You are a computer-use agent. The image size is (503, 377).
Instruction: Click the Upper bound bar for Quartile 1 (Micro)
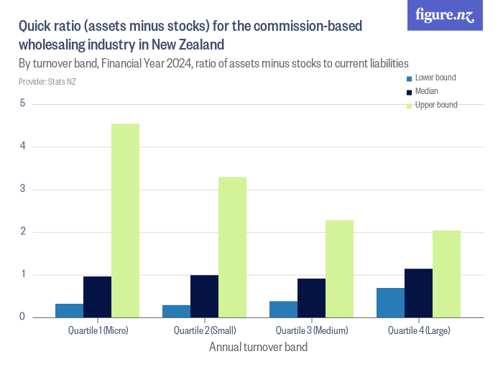[125, 220]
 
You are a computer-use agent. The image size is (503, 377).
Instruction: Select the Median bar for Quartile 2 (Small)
[204, 296]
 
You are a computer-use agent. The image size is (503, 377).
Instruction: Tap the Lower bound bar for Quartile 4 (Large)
[390, 302]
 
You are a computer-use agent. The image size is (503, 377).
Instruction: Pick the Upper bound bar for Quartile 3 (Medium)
[339, 269]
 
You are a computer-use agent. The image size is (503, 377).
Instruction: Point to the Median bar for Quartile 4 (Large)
[418, 293]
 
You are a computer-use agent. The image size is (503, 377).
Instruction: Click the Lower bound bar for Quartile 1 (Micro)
[69, 310]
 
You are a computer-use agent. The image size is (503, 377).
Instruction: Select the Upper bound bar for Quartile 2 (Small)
[232, 247]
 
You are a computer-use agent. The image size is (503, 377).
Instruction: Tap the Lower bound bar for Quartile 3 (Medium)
[283, 309]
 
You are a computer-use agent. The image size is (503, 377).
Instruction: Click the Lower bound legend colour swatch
[410, 78]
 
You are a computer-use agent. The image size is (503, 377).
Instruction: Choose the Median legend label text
[427, 91]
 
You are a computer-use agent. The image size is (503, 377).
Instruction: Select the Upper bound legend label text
[436, 105]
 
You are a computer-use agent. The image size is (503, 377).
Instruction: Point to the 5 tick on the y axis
[22, 103]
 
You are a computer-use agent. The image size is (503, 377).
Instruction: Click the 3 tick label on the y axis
[22, 190]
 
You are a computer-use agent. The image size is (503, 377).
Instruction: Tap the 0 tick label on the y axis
[22, 317]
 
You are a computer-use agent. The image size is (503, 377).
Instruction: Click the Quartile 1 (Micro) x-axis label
[98, 330]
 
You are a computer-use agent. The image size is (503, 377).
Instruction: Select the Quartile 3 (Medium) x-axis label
[311, 330]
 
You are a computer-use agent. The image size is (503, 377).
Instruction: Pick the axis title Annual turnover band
[258, 348]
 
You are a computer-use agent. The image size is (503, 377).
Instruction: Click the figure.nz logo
[445, 15]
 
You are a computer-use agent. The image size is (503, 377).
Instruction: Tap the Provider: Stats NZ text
[47, 82]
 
